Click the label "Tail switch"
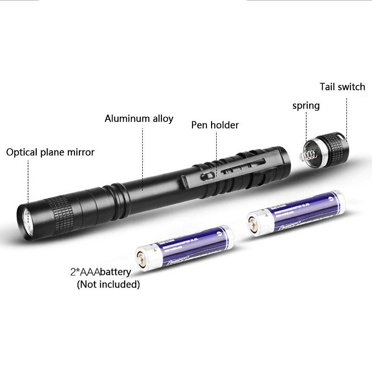pos(342,87)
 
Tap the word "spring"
pos(306,106)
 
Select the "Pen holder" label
pos(215,125)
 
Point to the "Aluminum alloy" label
pos(139,119)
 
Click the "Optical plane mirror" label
pos(50,152)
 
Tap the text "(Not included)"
pos(108,284)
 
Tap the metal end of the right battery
pos(253,225)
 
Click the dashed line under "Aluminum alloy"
pos(142,153)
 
